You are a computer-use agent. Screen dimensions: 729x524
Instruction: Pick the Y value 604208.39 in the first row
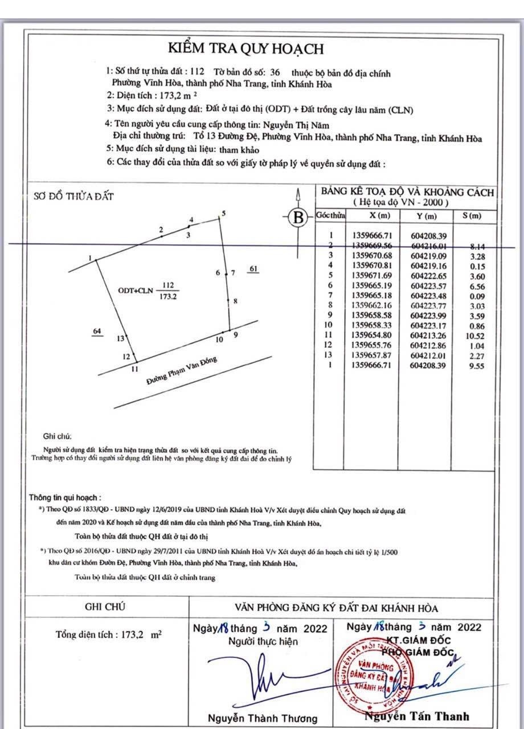[x=429, y=235]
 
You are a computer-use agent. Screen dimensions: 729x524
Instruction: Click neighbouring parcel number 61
[x=254, y=269]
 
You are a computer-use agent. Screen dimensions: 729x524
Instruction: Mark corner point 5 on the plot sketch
[x=221, y=216]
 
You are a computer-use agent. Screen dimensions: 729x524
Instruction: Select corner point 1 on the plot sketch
[x=95, y=261]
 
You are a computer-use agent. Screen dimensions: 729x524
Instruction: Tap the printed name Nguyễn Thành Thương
[x=262, y=718]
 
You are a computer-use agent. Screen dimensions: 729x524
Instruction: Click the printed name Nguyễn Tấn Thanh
[x=417, y=716]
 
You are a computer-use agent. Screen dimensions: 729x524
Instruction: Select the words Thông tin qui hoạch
[x=65, y=497]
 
